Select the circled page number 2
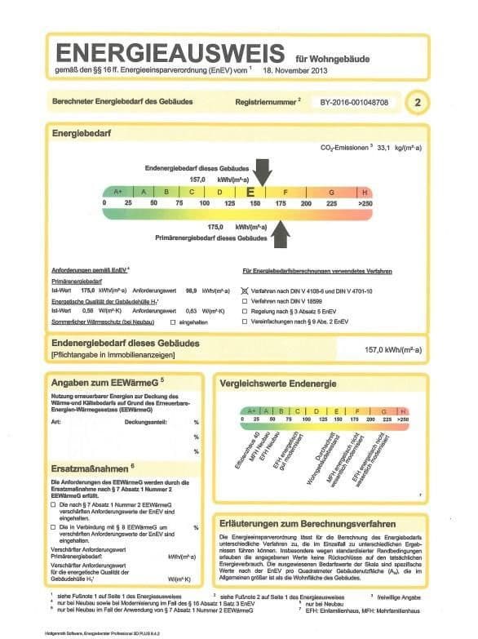pos(418,103)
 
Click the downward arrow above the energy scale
pos(263,171)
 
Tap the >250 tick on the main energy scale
pos(364,202)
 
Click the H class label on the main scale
pos(364,192)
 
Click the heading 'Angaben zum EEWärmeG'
pos(104,381)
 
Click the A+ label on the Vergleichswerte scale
pos(253,410)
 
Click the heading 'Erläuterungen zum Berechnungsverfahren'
pos(308,522)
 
